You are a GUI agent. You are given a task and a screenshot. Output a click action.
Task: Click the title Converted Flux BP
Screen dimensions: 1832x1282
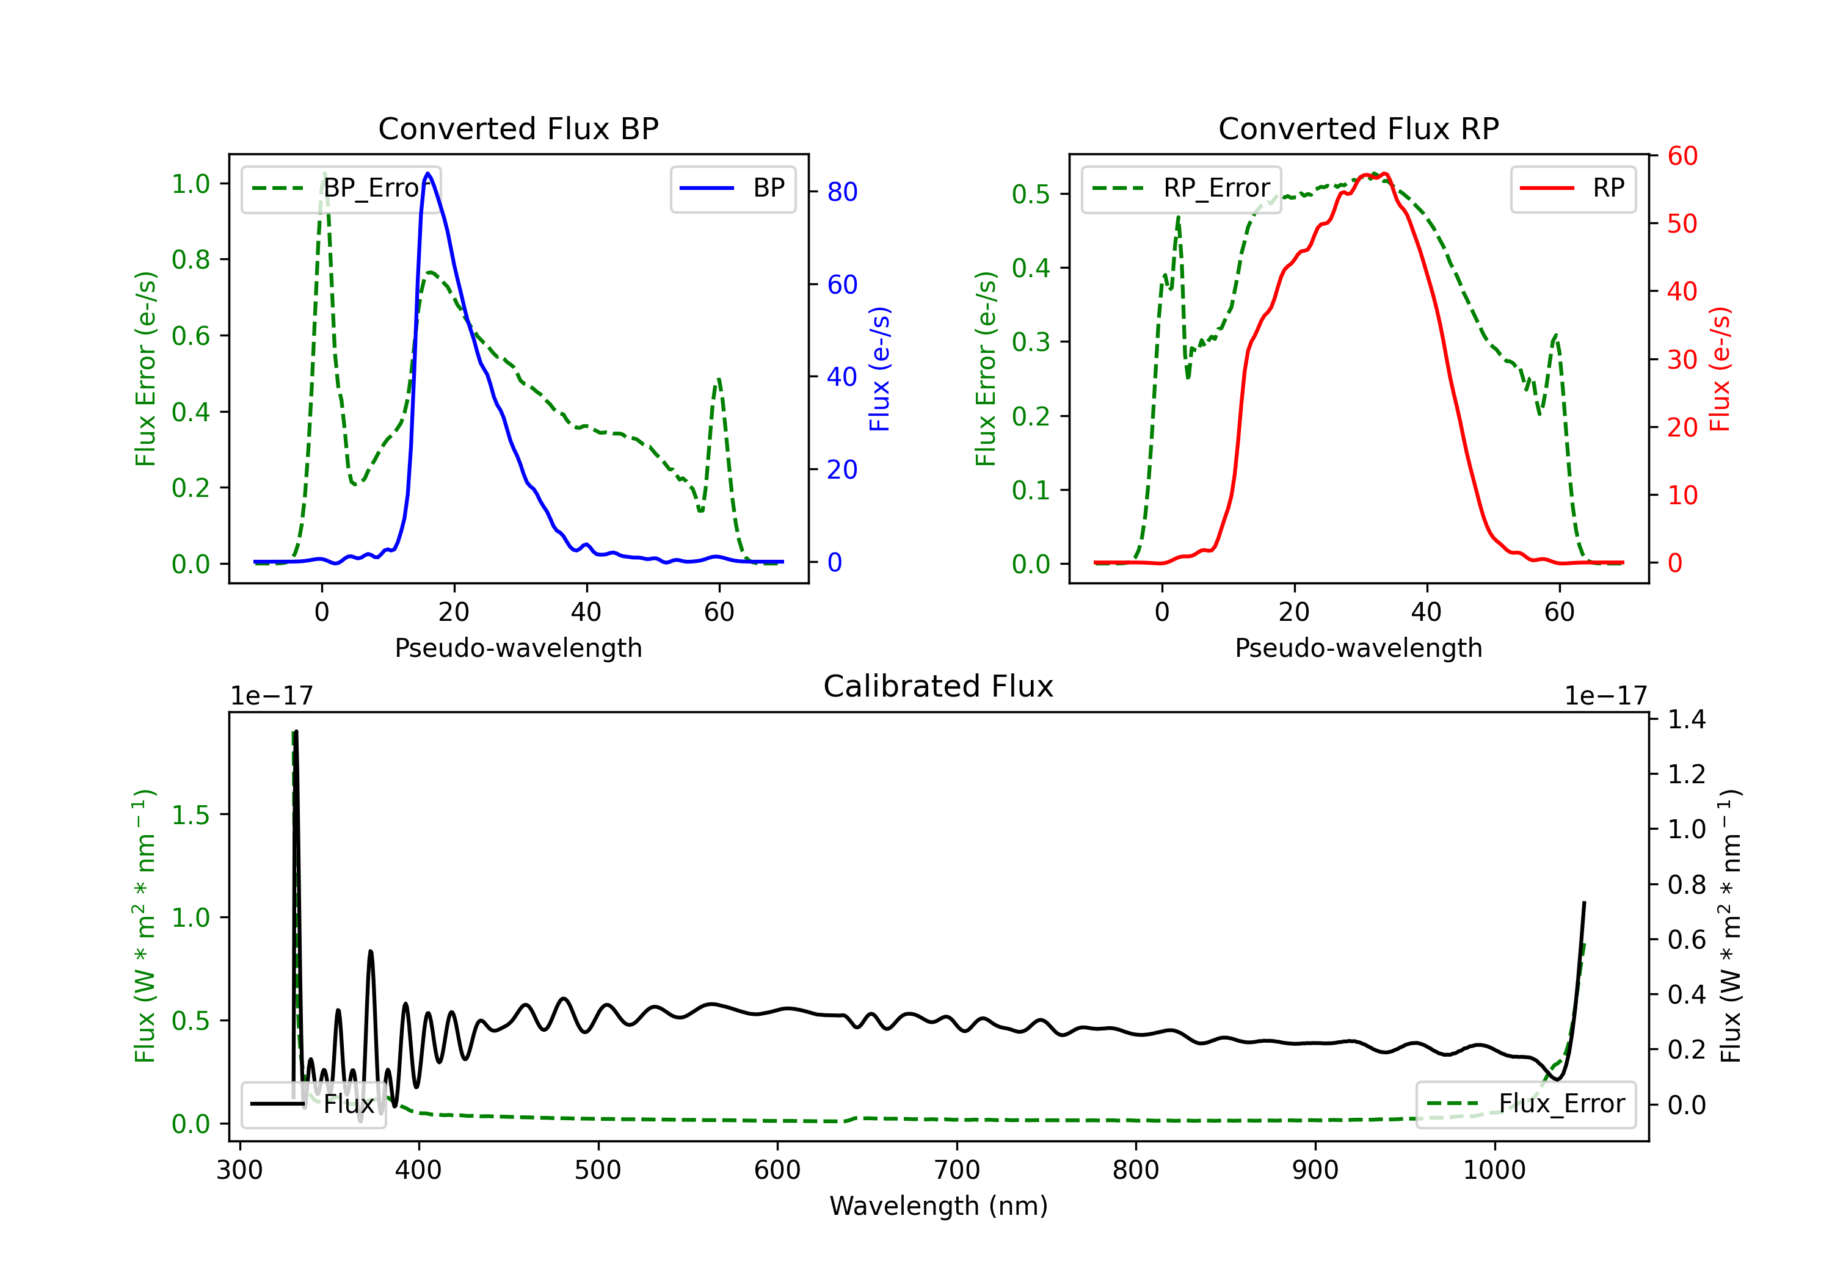518,128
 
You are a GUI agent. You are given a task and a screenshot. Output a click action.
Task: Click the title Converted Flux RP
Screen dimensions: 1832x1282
1358,128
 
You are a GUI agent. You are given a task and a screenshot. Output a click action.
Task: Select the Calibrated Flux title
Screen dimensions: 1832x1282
939,686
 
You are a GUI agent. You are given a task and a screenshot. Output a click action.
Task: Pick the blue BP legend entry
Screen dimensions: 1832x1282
732,188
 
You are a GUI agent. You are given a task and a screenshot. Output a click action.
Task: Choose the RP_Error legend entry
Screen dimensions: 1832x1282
1181,188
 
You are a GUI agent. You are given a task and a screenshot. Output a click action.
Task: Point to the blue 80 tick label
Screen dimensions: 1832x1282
841,192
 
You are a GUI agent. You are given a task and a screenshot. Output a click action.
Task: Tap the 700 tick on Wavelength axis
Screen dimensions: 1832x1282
957,1170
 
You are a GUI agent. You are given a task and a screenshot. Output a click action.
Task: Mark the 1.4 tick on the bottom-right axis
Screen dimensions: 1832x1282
1686,720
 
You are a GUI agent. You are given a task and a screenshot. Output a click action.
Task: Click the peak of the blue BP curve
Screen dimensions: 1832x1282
427,173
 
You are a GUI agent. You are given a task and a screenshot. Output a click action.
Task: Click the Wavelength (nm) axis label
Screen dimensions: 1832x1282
939,1206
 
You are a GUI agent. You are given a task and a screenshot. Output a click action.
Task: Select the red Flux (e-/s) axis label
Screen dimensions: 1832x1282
1720,369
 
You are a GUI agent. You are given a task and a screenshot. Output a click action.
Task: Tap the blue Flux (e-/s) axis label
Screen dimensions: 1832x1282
879,369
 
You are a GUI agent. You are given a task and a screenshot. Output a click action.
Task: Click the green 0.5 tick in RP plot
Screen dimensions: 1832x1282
1030,194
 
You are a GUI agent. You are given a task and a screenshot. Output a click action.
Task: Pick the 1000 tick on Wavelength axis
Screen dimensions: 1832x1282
1494,1170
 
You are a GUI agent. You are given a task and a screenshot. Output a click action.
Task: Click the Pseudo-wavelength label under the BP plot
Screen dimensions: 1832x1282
518,648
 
